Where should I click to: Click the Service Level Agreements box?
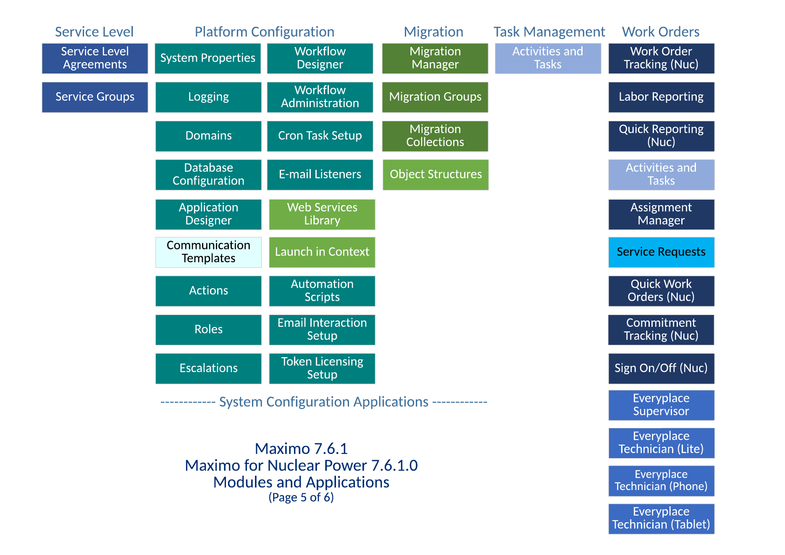click(x=95, y=58)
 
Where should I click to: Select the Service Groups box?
click(x=95, y=97)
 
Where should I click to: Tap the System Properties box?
click(x=208, y=58)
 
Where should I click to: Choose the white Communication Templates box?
click(x=208, y=252)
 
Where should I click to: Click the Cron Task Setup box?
click(x=320, y=136)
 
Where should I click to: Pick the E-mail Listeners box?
click(x=320, y=175)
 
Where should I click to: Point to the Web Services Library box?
click(x=322, y=214)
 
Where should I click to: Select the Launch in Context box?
click(x=322, y=252)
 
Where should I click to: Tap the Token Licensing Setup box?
click(x=322, y=368)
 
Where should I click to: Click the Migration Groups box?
click(x=435, y=97)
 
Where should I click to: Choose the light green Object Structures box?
click(x=436, y=175)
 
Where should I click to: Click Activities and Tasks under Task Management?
click(x=548, y=58)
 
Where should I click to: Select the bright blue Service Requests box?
click(x=661, y=252)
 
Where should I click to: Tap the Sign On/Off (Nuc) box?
click(x=661, y=368)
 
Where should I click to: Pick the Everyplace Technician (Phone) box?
click(x=661, y=481)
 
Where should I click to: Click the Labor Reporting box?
click(x=661, y=97)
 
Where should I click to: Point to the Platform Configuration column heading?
click(x=265, y=32)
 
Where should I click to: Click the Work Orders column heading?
click(x=661, y=32)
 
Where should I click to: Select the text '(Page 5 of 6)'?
click(x=301, y=498)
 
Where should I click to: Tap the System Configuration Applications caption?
click(x=324, y=402)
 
